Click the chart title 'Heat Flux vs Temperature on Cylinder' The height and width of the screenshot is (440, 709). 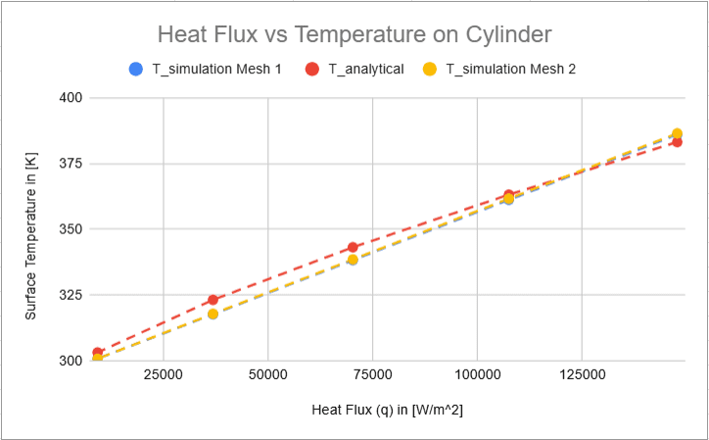coord(354,35)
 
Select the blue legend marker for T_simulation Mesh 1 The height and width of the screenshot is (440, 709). coord(136,70)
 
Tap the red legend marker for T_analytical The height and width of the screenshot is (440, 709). coord(312,70)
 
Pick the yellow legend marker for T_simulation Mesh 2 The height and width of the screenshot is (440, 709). coord(430,70)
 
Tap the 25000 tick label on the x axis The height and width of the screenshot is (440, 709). coord(163,376)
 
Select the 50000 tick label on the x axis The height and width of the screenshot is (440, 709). coord(267,376)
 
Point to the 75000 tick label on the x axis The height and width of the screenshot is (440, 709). coord(372,376)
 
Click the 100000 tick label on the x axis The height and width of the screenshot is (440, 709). coord(477,376)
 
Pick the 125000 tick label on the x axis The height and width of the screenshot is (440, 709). coord(582,376)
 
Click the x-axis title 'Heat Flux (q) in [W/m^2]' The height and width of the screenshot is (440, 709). coord(387,410)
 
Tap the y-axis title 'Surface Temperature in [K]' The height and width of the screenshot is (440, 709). coord(31,228)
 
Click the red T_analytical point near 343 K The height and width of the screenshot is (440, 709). coord(353,247)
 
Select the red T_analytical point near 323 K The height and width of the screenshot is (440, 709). coord(213,300)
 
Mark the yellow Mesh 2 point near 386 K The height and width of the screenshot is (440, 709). coord(677,133)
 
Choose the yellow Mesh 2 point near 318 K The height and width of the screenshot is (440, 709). coord(213,314)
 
